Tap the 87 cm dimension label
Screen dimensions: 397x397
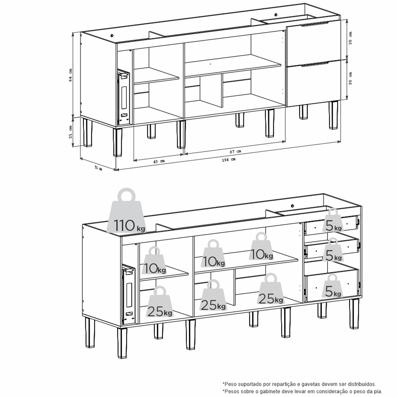click(x=236, y=152)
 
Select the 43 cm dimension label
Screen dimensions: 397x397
click(x=159, y=161)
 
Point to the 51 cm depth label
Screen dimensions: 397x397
click(x=98, y=168)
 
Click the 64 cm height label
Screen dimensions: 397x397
click(x=70, y=75)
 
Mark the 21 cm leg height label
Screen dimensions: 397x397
click(x=70, y=132)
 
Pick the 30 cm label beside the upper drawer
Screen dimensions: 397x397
click(x=350, y=38)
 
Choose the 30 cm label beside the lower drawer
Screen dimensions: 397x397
click(x=350, y=79)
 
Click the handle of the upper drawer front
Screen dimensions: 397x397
click(x=315, y=24)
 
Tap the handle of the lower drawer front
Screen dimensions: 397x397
click(x=315, y=64)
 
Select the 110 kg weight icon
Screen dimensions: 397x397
click(x=126, y=211)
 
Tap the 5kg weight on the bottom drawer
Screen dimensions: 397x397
click(x=332, y=286)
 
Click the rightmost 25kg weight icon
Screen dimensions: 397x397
click(x=271, y=289)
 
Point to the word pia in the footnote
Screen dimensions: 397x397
click(x=378, y=391)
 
